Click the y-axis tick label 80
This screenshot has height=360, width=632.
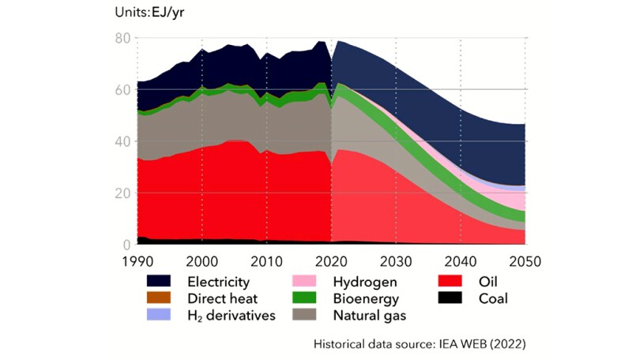pyautogui.click(x=121, y=38)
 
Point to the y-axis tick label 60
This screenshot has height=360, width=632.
pyautogui.click(x=121, y=90)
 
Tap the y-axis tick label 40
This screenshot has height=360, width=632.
pyautogui.click(x=121, y=141)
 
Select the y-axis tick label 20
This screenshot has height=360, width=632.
pyautogui.click(x=121, y=193)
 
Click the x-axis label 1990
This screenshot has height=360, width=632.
pyautogui.click(x=137, y=261)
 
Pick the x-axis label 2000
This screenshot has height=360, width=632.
pyautogui.click(x=202, y=261)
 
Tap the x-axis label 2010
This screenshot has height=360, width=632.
pyautogui.click(x=267, y=261)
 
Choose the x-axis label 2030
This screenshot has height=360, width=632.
pyautogui.click(x=397, y=261)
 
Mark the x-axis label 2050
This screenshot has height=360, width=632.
pyautogui.click(x=525, y=261)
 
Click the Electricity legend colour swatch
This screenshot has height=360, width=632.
pyautogui.click(x=163, y=281)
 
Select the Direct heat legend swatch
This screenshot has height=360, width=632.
pyautogui.click(x=163, y=298)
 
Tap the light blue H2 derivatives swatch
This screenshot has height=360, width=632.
pyautogui.click(x=163, y=316)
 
